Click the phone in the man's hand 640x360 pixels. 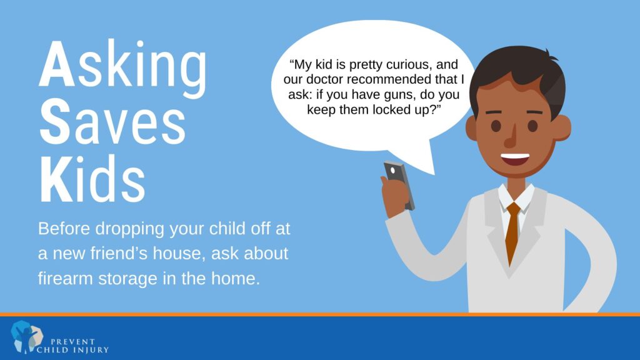click(399, 185)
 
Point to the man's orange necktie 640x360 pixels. click(512, 233)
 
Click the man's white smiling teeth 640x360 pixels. click(515, 157)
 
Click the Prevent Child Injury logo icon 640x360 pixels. click(27, 337)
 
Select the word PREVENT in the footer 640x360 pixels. click(72, 342)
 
